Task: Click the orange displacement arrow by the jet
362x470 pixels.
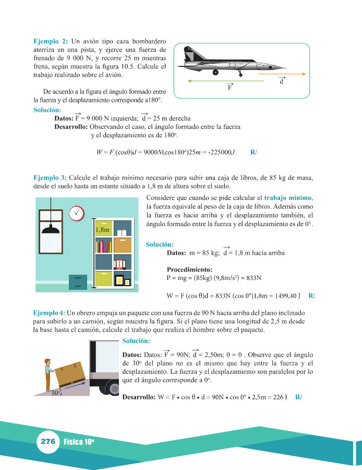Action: pos(281,75)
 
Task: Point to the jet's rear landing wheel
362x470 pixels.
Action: pos(215,72)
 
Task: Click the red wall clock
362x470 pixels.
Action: pos(76,212)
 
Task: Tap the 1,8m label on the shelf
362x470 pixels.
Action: pos(103,230)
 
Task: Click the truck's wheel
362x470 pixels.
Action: pos(115,388)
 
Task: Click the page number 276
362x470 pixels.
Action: pos(47,441)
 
